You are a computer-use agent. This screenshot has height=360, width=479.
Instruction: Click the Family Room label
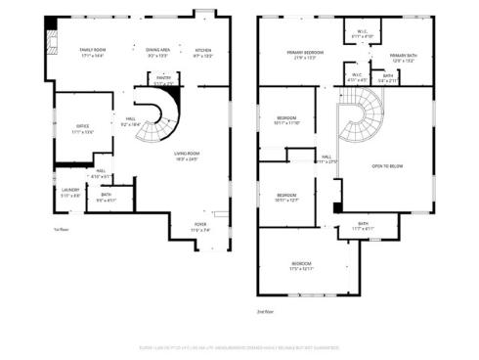pos(93,51)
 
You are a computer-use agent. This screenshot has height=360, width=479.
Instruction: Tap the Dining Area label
pos(158,51)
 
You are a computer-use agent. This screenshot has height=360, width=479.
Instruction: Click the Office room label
pos(83,128)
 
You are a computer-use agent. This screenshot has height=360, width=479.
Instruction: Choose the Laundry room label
pos(70,191)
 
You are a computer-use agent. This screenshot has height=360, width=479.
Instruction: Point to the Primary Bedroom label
pos(306,53)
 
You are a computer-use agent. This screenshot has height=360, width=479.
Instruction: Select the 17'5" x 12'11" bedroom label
pos(301,266)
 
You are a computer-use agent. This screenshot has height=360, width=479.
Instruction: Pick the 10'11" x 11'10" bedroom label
pos(286,120)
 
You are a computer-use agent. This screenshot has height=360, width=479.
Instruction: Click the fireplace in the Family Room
pos(53,41)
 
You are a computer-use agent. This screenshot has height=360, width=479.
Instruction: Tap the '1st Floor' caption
pos(62,231)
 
